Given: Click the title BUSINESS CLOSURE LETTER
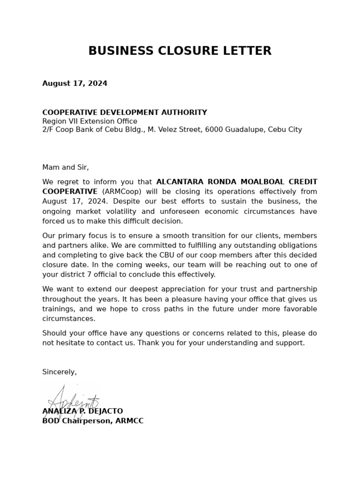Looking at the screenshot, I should point(180,51).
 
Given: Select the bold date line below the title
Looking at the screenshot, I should point(75,83).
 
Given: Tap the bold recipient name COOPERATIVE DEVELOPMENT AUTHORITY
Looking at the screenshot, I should point(124,112).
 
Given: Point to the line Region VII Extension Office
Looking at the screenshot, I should point(90,121).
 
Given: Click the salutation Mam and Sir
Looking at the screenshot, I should point(65,167).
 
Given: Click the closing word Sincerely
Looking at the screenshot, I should point(59,372).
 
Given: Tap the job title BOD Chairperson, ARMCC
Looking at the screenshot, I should point(93,421).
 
